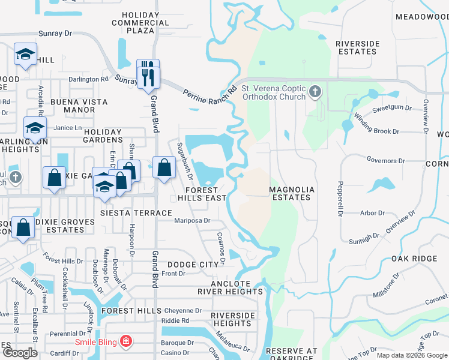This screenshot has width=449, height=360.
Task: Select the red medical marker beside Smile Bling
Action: point(126,342)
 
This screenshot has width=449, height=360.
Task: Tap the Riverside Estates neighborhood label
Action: point(358,47)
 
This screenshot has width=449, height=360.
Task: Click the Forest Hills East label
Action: point(202,194)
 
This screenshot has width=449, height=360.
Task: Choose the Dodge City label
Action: point(193,265)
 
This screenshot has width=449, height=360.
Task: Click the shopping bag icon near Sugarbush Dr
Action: point(164,168)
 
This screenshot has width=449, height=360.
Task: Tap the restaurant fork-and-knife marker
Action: point(148,76)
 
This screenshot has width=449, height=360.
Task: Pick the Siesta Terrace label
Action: point(136,213)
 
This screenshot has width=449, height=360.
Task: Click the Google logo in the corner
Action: point(20,353)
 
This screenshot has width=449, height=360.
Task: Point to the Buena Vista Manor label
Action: point(72,106)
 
